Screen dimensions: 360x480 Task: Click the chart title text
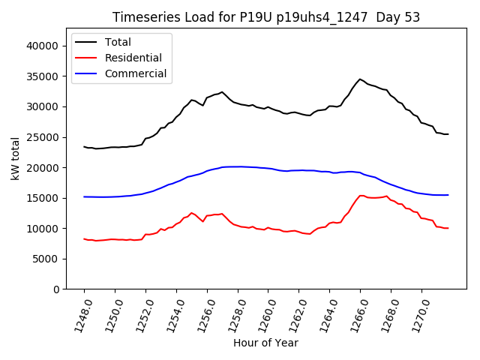265,17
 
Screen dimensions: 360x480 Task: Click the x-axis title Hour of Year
265,343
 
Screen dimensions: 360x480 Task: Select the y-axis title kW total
16,158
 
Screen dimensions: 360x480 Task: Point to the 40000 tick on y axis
43,46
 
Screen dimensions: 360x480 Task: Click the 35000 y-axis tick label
43,76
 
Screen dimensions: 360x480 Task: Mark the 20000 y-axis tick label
43,168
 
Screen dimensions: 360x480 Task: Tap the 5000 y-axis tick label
46,259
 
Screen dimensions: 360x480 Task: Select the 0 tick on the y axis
56,289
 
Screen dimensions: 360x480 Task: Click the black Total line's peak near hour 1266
360,79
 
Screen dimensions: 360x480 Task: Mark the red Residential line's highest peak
361,196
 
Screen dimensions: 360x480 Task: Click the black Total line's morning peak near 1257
222,92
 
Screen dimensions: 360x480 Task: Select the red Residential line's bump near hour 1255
191,213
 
